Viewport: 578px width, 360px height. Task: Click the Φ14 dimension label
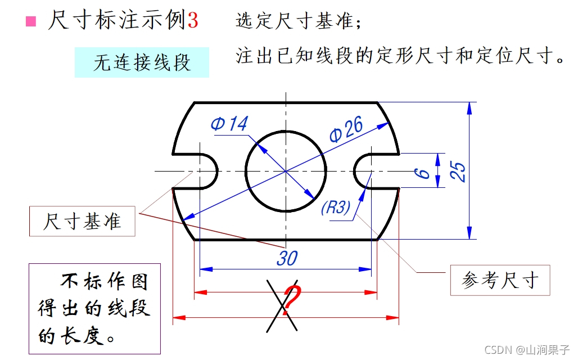[x=229, y=124]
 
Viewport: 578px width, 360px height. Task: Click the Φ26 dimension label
[x=346, y=130]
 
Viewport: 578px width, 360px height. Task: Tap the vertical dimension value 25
[x=459, y=171]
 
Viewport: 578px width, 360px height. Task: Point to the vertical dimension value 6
[x=426, y=171]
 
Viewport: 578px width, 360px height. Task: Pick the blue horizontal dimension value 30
[x=287, y=258]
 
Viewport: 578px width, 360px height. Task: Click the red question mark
[x=291, y=300]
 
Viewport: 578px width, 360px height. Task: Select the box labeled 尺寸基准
[x=83, y=221]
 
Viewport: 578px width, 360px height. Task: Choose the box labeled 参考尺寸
[x=500, y=280]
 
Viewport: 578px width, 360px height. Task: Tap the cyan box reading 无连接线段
[x=142, y=62]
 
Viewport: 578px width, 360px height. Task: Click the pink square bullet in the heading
[x=31, y=22]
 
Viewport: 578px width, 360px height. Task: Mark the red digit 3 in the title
[x=193, y=21]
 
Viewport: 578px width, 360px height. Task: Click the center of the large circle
[x=286, y=171]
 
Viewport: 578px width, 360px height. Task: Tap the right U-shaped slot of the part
[x=365, y=171]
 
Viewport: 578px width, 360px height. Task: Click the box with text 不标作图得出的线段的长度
[x=94, y=308]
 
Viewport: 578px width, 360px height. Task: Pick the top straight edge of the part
[x=286, y=103]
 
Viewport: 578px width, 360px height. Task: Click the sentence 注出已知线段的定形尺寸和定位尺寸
[x=400, y=56]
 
